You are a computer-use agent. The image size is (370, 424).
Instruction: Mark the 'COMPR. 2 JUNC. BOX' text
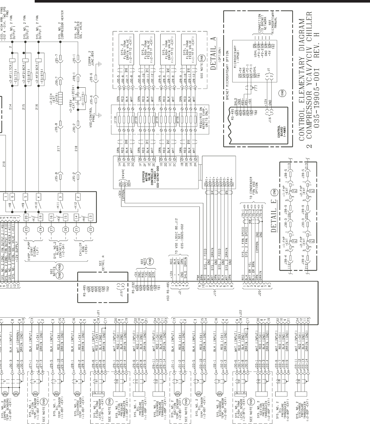coord(92,57)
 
